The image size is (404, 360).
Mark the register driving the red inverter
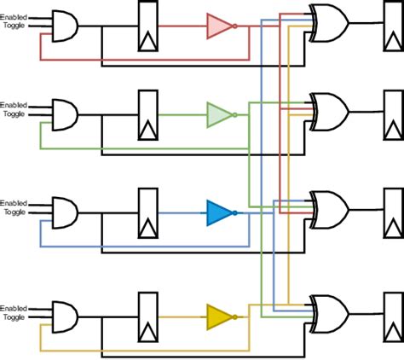150,26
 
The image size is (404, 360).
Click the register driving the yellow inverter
150,316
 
